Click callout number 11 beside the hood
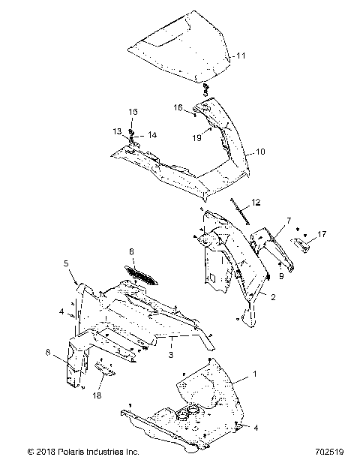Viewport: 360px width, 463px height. pos(240,56)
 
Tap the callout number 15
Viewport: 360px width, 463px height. pos(133,111)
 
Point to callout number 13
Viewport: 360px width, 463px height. pos(117,131)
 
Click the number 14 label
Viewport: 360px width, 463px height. pos(152,135)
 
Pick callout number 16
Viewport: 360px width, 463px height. pos(179,108)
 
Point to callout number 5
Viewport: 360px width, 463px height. pos(65,263)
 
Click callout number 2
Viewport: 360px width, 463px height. pos(272,297)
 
